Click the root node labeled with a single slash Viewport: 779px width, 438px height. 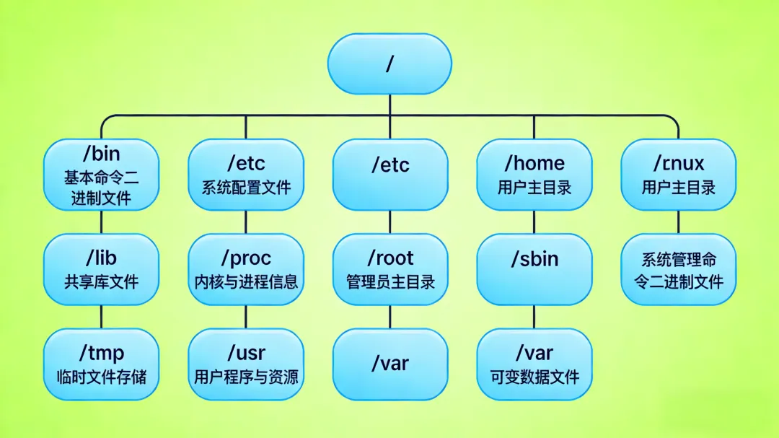[x=389, y=63]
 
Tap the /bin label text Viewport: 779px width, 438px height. [x=101, y=154]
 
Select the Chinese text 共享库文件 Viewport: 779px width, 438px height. [x=101, y=281]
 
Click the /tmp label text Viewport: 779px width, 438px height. [x=101, y=354]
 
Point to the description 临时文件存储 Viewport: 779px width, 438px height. [x=101, y=376]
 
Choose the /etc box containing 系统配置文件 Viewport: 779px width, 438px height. [x=246, y=175]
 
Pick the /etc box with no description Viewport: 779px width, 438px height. [x=390, y=175]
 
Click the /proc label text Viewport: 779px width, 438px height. [x=246, y=258]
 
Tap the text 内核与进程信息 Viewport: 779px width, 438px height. [x=246, y=281]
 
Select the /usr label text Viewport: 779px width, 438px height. [x=246, y=354]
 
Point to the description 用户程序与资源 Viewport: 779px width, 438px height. [x=246, y=376]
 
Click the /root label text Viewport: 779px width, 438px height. [x=390, y=258]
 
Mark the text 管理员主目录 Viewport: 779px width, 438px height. [x=390, y=281]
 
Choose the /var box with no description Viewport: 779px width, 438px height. [x=390, y=364]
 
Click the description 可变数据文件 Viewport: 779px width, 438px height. [x=534, y=376]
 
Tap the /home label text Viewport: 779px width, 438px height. [x=534, y=164]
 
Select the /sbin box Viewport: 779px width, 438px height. [x=534, y=269]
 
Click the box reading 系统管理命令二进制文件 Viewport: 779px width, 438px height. [x=679, y=269]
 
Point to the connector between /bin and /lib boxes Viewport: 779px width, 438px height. [x=101, y=222]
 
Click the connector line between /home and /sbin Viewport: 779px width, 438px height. [x=534, y=222]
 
